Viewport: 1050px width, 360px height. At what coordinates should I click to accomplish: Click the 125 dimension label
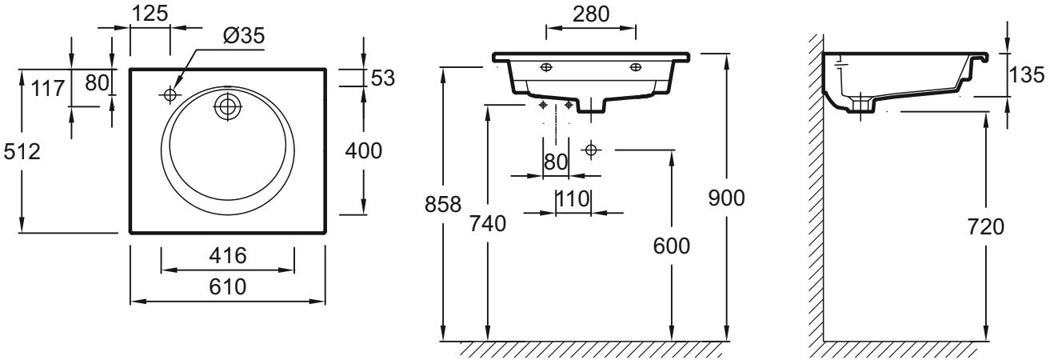click(x=150, y=14)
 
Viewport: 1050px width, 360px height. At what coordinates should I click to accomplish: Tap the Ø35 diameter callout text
click(x=244, y=36)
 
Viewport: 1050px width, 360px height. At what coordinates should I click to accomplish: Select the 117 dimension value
click(x=47, y=88)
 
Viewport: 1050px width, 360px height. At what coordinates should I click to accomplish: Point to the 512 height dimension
click(x=22, y=151)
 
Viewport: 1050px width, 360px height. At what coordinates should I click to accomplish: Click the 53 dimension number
click(x=383, y=78)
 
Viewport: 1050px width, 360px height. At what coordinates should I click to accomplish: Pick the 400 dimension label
click(x=363, y=150)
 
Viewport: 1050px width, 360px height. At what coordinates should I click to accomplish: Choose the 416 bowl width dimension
click(x=227, y=255)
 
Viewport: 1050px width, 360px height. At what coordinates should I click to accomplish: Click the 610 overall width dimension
click(x=227, y=286)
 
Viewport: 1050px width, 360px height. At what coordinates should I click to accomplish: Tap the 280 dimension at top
click(x=591, y=14)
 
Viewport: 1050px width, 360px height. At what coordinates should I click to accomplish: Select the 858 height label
click(x=443, y=204)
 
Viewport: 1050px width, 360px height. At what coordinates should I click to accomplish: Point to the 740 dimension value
click(x=488, y=223)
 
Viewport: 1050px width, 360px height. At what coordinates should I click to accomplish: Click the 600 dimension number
click(x=671, y=246)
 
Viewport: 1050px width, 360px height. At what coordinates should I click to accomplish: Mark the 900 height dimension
click(x=726, y=198)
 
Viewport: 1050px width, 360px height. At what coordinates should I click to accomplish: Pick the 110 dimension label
click(x=573, y=199)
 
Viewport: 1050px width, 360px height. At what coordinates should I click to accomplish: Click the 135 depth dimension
click(x=1027, y=75)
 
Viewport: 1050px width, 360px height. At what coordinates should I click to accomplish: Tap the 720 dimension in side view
click(x=986, y=227)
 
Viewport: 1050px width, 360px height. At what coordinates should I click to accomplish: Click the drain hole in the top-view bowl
click(x=227, y=106)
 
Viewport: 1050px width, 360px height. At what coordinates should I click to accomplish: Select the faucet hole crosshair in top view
click(x=170, y=95)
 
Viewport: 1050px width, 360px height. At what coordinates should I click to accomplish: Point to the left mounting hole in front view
click(x=546, y=67)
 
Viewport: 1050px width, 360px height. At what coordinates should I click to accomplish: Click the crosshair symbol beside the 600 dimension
click(x=591, y=150)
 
